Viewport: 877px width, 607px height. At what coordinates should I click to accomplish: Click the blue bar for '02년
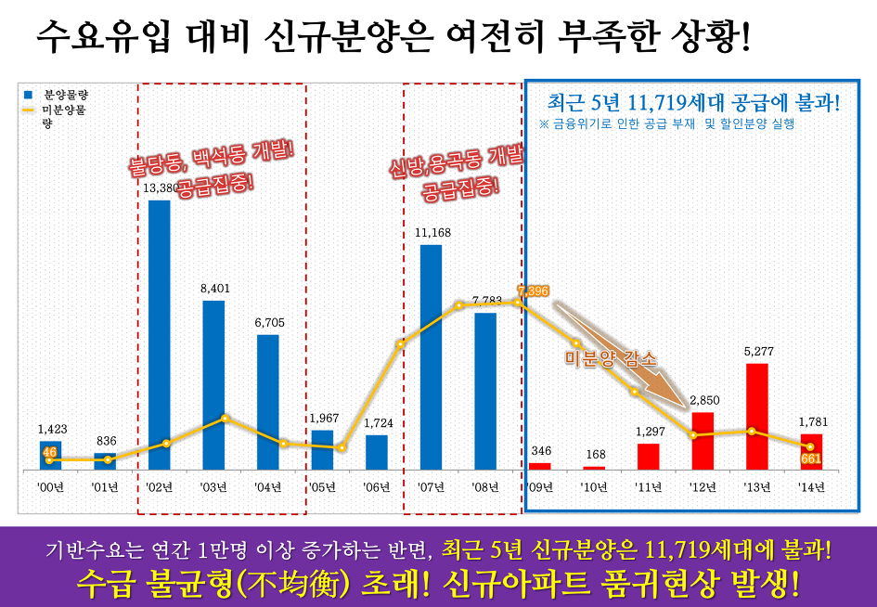[160, 334]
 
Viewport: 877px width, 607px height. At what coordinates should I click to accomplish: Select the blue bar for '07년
[431, 357]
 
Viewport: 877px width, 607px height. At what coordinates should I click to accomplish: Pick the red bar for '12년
[703, 441]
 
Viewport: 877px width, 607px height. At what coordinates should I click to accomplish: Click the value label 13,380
[160, 187]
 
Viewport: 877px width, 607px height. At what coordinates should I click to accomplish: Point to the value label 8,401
[214, 288]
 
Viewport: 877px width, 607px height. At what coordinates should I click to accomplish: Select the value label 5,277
[757, 352]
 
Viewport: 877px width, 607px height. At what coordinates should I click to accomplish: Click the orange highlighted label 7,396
[534, 291]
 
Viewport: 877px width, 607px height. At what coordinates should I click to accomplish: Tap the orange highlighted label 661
[810, 458]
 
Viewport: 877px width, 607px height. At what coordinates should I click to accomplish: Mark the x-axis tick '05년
[322, 485]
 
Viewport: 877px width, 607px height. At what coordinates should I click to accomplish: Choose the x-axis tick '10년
[594, 485]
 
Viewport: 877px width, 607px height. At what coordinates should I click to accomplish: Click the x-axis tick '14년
[811, 485]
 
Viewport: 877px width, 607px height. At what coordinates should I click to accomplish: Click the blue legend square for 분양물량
[28, 95]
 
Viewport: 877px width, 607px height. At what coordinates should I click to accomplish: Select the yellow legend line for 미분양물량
[28, 110]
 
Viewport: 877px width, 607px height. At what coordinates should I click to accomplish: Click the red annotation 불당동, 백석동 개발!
[212, 158]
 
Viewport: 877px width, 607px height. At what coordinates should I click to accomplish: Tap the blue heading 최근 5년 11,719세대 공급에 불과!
[693, 101]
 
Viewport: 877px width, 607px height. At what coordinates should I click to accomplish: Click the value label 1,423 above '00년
[52, 429]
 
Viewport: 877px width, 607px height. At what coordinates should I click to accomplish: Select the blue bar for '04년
[268, 401]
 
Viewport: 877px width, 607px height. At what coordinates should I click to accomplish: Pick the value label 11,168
[432, 232]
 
